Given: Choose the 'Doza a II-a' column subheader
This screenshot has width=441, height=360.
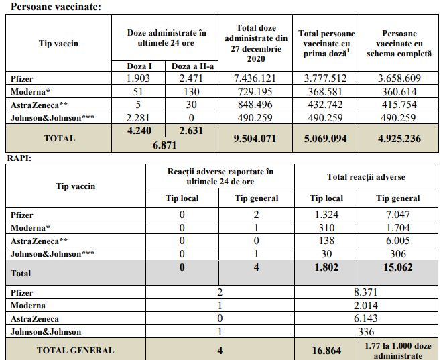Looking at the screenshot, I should click(192, 66).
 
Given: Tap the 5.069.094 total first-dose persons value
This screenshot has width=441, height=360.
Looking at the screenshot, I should click(326, 140).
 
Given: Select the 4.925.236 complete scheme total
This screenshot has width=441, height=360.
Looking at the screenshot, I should click(399, 140).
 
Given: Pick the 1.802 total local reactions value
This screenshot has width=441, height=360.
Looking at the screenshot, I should click(326, 267).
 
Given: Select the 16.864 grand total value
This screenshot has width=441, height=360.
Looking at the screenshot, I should click(326, 349).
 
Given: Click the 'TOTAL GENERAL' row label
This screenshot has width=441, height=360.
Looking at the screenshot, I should click(75, 350).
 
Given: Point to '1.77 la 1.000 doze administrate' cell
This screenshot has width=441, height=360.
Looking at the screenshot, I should click(399, 350).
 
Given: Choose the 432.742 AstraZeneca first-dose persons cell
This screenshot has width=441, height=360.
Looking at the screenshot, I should click(326, 105).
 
